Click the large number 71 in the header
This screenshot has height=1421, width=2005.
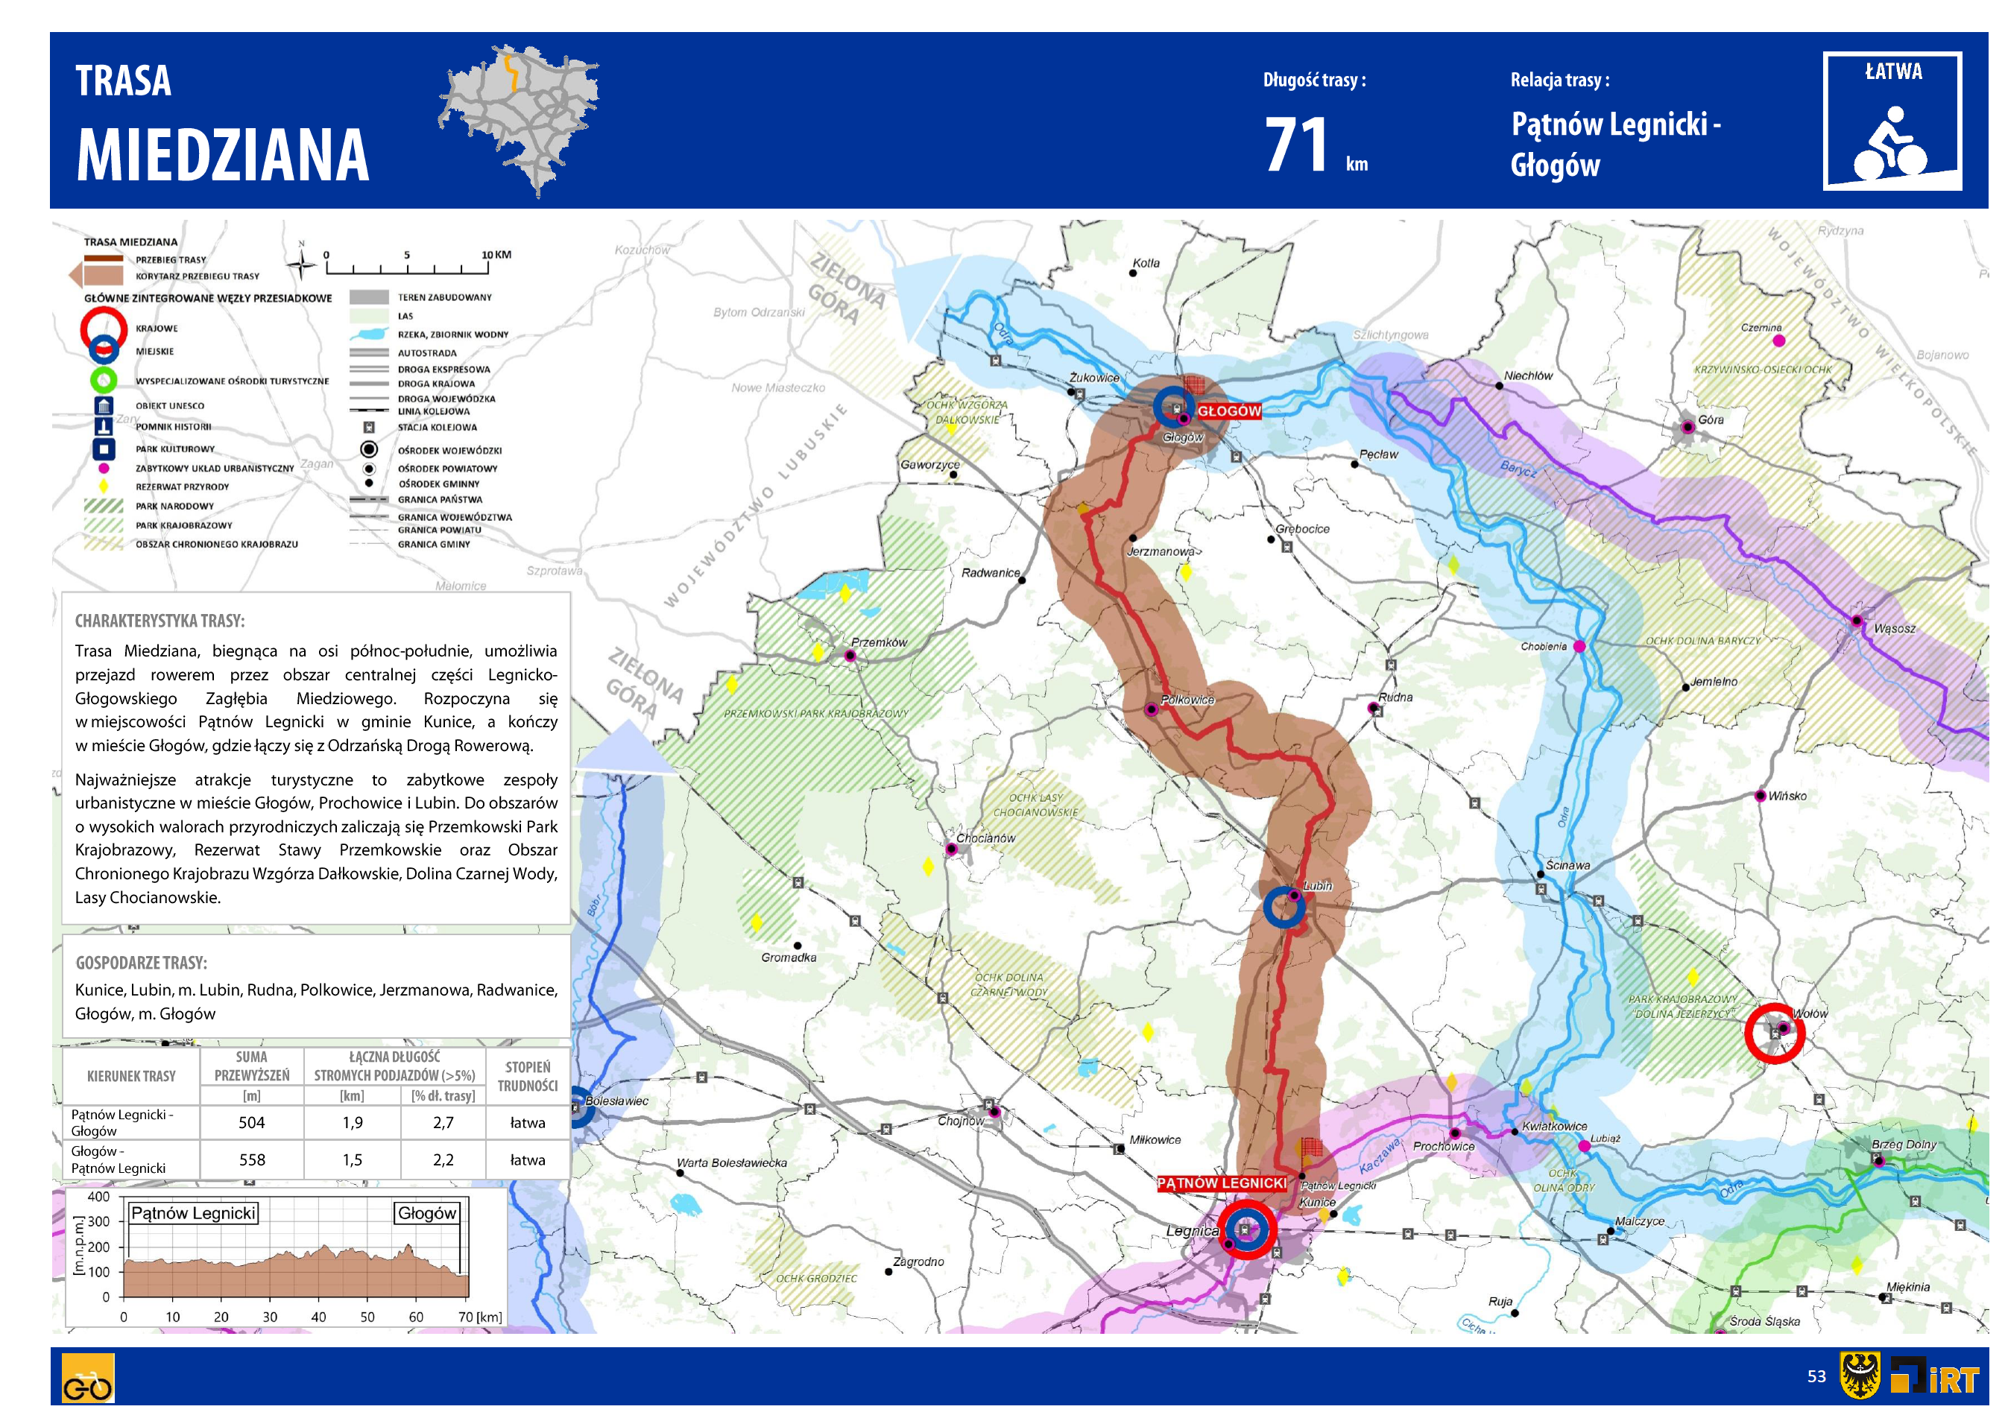pos(1296,145)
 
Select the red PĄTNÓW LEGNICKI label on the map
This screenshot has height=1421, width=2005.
pos(1221,1183)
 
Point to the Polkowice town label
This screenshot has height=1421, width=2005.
pos(1187,700)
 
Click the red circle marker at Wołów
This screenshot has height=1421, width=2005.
pos(1774,1034)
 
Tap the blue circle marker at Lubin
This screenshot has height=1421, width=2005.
pos(1283,908)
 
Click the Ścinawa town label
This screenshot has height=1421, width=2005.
pos(1567,865)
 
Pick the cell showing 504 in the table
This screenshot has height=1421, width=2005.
pos(251,1123)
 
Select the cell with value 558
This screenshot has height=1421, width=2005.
pos(251,1160)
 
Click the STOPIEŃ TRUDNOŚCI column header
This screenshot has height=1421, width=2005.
pos(528,1076)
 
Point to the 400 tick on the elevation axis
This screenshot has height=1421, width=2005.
pos(99,1197)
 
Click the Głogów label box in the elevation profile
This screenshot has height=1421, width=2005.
pos(427,1214)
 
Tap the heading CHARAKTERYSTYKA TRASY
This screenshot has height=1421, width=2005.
pos(160,621)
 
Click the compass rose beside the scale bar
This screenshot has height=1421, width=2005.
pos(302,263)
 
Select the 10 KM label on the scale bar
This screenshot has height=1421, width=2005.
pos(496,255)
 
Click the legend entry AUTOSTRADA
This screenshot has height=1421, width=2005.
pos(427,353)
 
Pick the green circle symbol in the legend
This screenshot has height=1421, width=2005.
pos(104,380)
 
